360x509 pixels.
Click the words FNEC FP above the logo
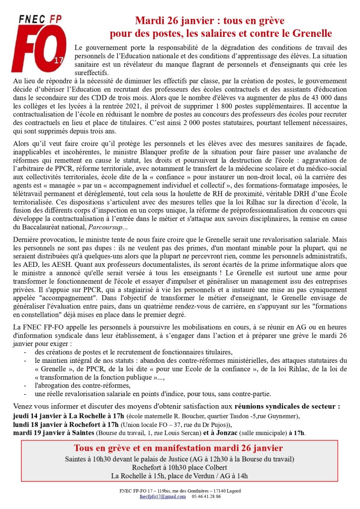(x=39, y=19)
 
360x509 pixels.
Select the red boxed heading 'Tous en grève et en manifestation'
(x=165, y=448)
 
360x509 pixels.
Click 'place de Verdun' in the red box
(x=194, y=476)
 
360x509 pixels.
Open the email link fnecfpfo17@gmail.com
(x=162, y=497)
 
